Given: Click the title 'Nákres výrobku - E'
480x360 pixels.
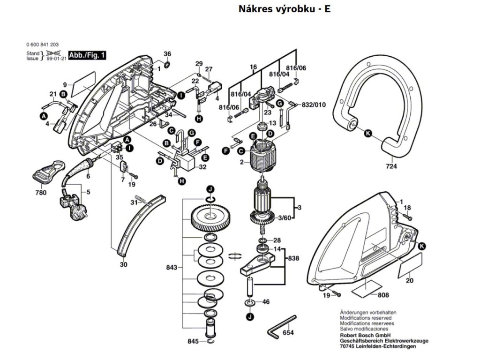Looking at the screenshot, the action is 285,9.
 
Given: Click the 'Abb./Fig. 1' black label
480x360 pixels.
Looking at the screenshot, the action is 87,55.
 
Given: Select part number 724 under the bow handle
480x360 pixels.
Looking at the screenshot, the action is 391,166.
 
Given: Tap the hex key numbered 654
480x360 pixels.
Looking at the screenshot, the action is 281,327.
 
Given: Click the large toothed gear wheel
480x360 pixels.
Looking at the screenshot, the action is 210,217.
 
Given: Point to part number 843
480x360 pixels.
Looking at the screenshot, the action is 172,268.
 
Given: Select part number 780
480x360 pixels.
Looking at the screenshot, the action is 41,193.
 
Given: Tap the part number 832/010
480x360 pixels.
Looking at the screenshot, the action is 314,105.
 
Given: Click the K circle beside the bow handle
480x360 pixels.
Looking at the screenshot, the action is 368,133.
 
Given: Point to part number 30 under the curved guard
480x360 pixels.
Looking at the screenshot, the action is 123,264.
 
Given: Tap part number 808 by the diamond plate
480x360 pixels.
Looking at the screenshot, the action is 383,295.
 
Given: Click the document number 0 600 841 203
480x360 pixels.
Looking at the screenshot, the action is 43,45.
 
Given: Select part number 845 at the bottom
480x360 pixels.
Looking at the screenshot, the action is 193,341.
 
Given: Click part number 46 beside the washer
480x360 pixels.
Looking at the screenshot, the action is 266,302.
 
